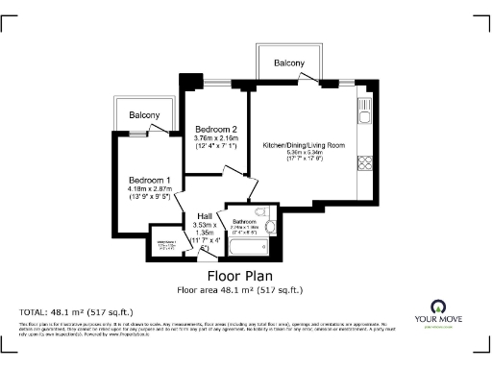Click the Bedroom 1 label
click(150, 180)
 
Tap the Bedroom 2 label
click(215, 129)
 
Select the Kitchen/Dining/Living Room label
click(305, 145)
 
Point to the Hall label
click(205, 215)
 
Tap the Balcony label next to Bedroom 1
click(144, 115)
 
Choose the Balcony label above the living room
click(289, 63)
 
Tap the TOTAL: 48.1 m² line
click(77, 312)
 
